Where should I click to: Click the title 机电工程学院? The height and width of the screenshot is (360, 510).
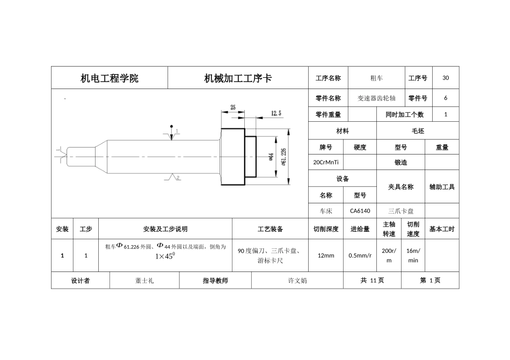(110, 78)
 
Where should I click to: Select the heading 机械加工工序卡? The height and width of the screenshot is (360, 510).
(238, 78)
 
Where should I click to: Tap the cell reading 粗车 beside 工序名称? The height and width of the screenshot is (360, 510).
(376, 78)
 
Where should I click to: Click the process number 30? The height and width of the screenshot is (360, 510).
(446, 78)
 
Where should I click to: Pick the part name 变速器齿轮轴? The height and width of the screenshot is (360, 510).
(376, 99)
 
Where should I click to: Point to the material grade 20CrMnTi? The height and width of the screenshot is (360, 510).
(325, 162)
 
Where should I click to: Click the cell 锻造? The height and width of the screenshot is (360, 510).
(400, 162)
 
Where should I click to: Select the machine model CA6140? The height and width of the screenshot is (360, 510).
(360, 211)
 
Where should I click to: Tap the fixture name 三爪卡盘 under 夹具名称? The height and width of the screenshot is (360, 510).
(400, 211)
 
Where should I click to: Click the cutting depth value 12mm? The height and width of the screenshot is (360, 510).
(326, 255)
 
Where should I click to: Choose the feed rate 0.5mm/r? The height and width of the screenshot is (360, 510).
(360, 255)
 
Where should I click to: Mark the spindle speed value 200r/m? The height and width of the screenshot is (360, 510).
(389, 255)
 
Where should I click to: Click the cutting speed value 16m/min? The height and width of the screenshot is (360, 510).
(413, 255)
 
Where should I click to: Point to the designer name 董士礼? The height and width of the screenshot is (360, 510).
(144, 281)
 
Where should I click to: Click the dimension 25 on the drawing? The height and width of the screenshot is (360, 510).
(233, 107)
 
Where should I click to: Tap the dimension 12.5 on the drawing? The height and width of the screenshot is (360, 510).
(276, 113)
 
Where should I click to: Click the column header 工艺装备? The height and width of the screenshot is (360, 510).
(270, 229)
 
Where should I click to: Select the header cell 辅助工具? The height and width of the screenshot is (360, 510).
(442, 187)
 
